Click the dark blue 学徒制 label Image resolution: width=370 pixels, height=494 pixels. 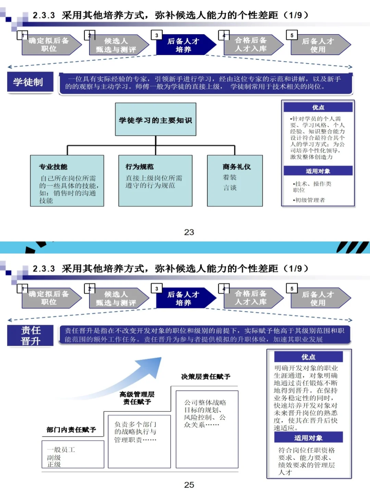click(x=30, y=82)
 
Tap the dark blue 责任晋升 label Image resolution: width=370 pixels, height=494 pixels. click(x=30, y=335)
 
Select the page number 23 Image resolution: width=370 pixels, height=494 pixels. click(x=189, y=232)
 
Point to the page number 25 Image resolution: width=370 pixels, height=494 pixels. click(x=189, y=485)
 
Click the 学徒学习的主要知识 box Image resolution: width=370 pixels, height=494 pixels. click(x=156, y=119)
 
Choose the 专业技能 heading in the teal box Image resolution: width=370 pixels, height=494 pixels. click(x=53, y=167)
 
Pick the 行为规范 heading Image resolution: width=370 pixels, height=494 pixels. click(x=139, y=167)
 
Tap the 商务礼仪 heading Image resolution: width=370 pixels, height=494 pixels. click(x=236, y=167)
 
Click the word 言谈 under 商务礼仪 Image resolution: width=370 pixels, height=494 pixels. click(x=230, y=188)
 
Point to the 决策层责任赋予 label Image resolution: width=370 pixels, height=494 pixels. click(x=206, y=377)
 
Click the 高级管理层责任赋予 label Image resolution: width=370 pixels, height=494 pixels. click(x=137, y=398)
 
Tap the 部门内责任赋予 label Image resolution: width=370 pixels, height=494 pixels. click(x=71, y=430)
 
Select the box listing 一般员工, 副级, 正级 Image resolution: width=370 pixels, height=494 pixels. click(x=73, y=454)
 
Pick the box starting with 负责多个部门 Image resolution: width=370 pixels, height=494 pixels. click(x=139, y=441)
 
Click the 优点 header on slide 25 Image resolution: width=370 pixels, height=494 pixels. click(x=308, y=357)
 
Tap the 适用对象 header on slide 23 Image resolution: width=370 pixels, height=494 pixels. click(x=318, y=171)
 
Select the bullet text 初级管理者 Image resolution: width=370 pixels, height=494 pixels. click(x=310, y=200)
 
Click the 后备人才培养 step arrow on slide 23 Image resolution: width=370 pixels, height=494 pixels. click(x=184, y=45)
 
